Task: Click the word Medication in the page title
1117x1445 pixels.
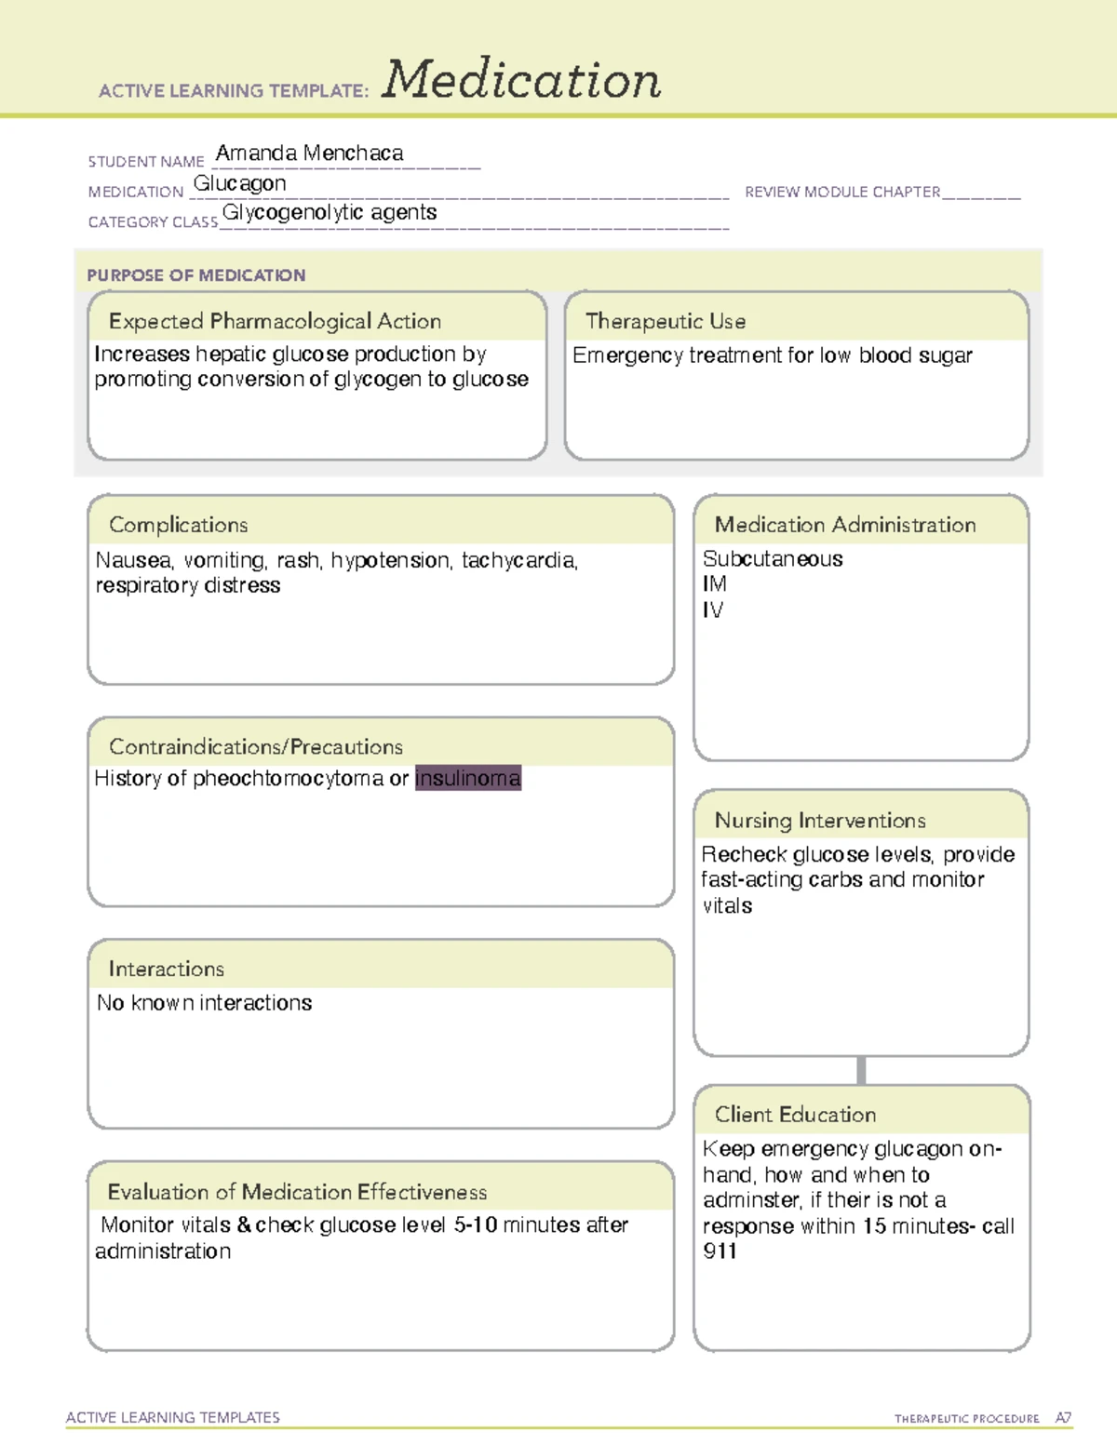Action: [x=521, y=80]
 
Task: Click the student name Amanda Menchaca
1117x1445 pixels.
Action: [x=309, y=154]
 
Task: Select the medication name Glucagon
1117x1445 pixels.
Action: [x=239, y=184]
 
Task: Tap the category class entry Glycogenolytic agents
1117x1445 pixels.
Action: [x=329, y=213]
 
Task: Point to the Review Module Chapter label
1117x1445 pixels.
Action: [x=842, y=192]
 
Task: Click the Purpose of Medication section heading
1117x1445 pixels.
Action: [x=195, y=275]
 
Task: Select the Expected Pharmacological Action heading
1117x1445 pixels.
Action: [x=275, y=321]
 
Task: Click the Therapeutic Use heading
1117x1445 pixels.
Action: [x=665, y=321]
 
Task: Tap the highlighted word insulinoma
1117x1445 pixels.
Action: [x=467, y=778]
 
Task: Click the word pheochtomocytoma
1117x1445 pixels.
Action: [x=288, y=779]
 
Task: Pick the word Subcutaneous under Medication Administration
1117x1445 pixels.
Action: [x=773, y=559]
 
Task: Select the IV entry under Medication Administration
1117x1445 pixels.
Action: [x=712, y=610]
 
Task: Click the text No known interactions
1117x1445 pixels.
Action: [x=204, y=1003]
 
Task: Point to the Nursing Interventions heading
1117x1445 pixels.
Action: [x=819, y=821]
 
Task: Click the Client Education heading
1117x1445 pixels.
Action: [x=795, y=1115]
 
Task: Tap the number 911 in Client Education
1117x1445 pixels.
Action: [x=720, y=1251]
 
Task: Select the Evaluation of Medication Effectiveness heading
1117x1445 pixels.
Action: [x=297, y=1192]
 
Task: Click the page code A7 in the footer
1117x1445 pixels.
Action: [x=1063, y=1418]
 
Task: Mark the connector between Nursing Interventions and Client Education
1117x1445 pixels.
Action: [x=861, y=1070]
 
